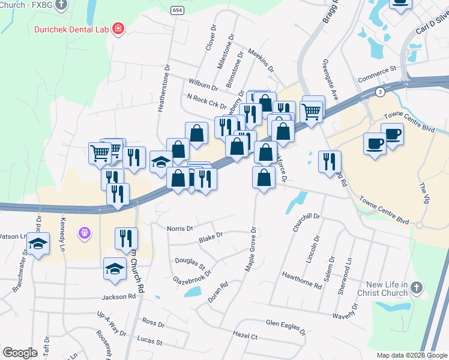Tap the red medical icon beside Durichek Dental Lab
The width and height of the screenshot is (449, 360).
pos(118,28)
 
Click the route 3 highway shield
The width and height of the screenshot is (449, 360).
pos(380,92)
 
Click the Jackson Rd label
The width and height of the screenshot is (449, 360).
pos(119,296)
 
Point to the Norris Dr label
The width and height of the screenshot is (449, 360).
pos(180,229)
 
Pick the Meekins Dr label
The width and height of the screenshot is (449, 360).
pos(261,60)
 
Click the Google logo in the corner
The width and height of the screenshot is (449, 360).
pos(20,352)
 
